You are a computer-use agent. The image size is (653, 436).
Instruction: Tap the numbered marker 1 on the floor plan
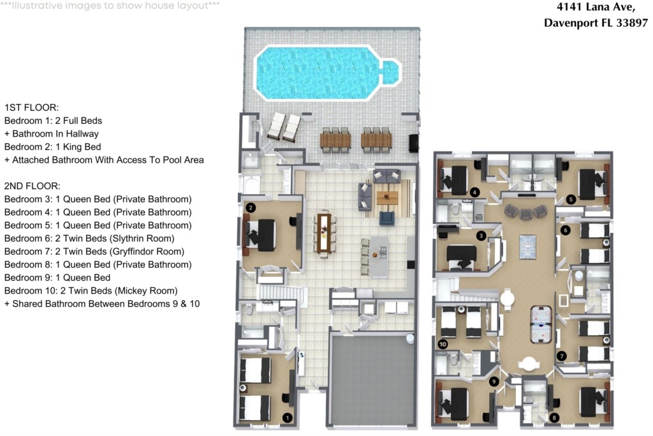point(287,417)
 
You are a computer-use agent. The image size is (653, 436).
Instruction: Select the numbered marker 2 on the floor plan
point(251,207)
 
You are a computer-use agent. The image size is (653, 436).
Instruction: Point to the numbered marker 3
point(481,236)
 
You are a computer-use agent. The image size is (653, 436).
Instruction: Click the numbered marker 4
point(474,192)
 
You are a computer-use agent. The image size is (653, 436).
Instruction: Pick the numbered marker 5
point(571,199)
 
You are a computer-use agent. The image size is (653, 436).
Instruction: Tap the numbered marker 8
point(554,418)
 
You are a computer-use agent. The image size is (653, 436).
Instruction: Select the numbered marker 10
point(443,344)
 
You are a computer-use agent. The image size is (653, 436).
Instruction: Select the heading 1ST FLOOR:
point(31,107)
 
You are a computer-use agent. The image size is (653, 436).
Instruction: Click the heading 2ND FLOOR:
point(32,186)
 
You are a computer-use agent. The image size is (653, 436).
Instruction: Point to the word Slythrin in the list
point(126,238)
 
